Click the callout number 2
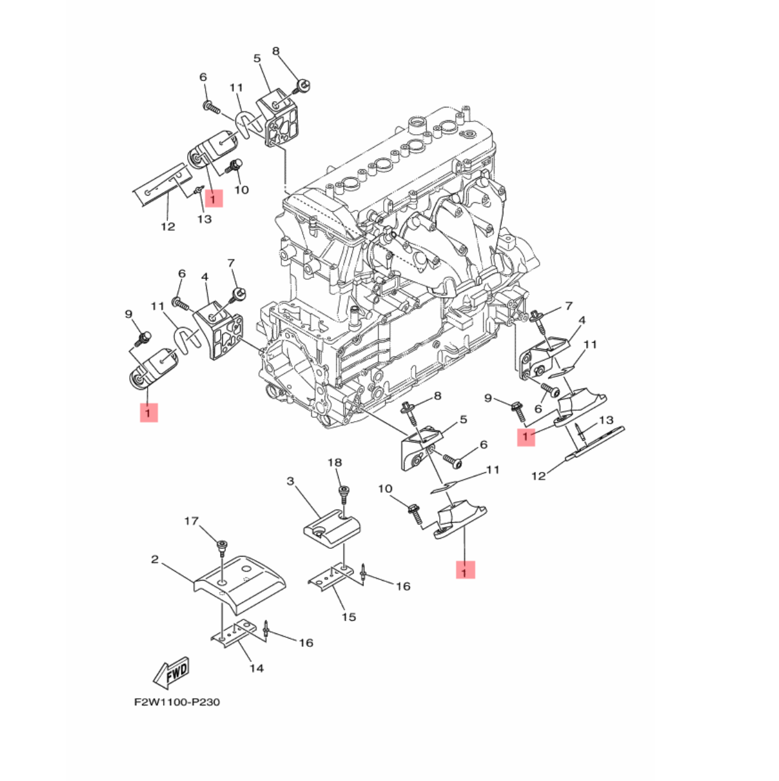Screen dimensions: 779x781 tap(155, 560)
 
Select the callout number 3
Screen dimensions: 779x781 tap(290, 481)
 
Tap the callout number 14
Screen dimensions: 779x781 tap(257, 668)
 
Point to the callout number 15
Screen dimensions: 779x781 tap(349, 618)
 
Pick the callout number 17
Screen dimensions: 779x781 tap(192, 521)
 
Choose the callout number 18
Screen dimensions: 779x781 tap(335, 462)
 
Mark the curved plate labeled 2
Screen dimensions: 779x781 tap(239, 585)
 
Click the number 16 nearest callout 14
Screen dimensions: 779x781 tap(306, 643)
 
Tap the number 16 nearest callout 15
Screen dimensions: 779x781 tap(403, 586)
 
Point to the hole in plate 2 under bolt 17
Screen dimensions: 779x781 tap(222, 583)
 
